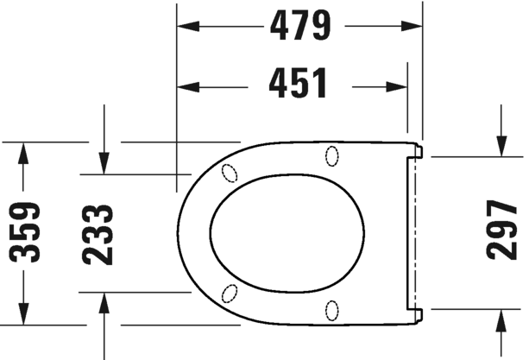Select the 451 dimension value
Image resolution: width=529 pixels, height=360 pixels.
[298, 85]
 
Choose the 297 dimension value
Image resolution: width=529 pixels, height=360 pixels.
[503, 231]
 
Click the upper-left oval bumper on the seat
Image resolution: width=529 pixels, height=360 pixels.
[230, 171]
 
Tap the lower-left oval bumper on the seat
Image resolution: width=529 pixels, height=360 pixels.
[230, 293]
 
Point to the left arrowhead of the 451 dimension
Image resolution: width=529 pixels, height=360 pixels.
[186, 85]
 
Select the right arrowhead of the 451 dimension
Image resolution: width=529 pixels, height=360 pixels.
[398, 85]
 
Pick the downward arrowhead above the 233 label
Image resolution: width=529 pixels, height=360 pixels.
[104, 161]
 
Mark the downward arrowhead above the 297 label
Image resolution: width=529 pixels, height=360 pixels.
[503, 146]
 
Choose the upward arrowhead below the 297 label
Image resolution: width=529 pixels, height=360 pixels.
[503, 319]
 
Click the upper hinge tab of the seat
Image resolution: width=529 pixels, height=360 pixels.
[418, 151]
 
